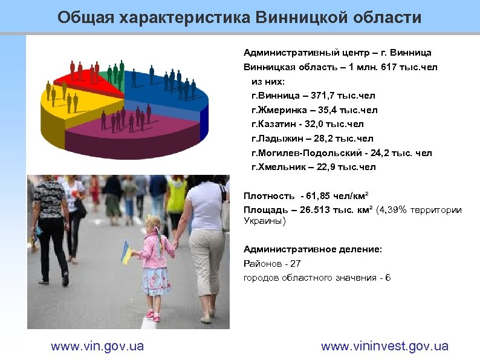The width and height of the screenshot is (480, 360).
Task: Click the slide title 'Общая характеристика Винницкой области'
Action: pos(240,17)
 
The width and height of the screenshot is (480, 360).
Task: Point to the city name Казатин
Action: pos(279,124)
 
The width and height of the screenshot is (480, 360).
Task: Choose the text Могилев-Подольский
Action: pos(308,152)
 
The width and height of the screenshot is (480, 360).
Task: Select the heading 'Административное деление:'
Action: pos(313,249)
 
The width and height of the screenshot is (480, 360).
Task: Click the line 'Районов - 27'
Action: pos(271,263)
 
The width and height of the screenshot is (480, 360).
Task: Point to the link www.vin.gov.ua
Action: pos(97,346)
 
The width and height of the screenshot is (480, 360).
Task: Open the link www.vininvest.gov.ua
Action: pos(384,346)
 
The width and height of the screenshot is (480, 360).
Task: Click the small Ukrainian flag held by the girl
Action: pos(127,252)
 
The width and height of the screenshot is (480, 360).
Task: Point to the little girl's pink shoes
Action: pos(152,315)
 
